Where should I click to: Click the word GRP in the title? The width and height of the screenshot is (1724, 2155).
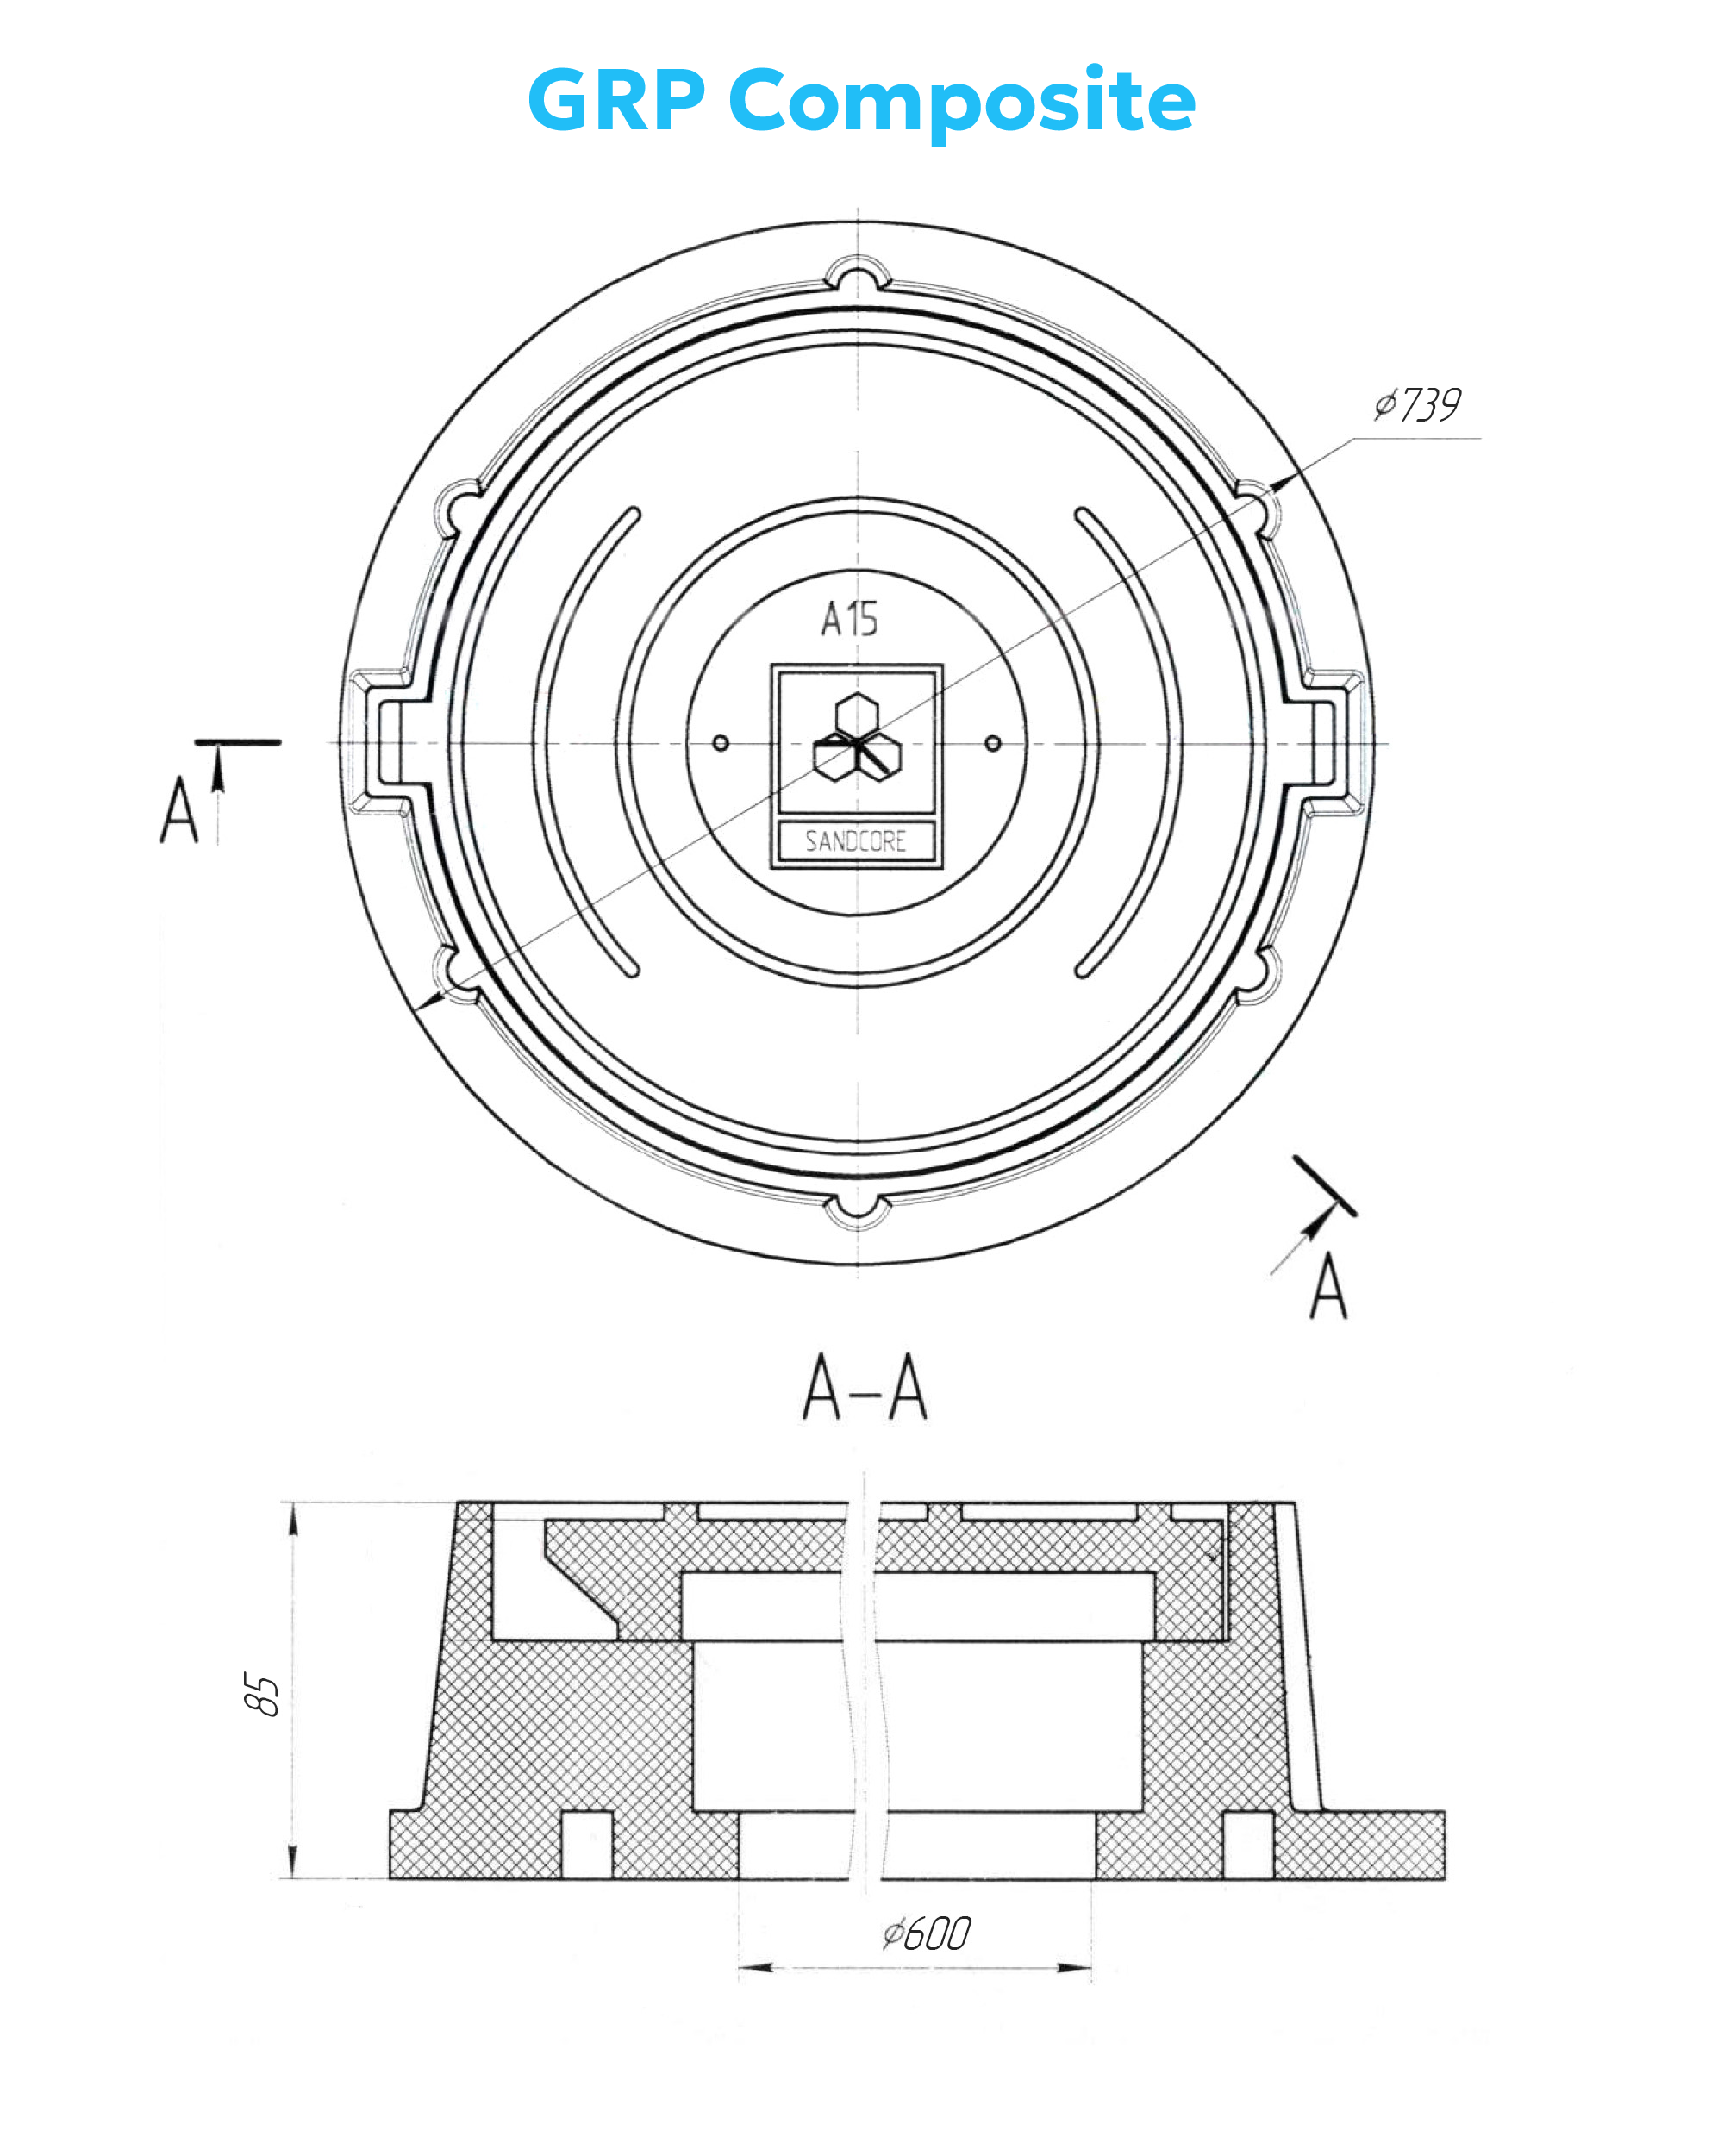tap(616, 100)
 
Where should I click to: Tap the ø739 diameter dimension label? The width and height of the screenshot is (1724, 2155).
tap(1417, 405)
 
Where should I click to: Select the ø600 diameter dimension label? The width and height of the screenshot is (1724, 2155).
tap(927, 1934)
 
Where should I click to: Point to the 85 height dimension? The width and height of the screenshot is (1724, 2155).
tap(262, 1693)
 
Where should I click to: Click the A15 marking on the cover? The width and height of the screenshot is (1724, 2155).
tap(850, 620)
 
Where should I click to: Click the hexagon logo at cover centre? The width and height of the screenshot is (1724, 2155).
tap(858, 739)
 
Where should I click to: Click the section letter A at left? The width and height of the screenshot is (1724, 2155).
tap(180, 809)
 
